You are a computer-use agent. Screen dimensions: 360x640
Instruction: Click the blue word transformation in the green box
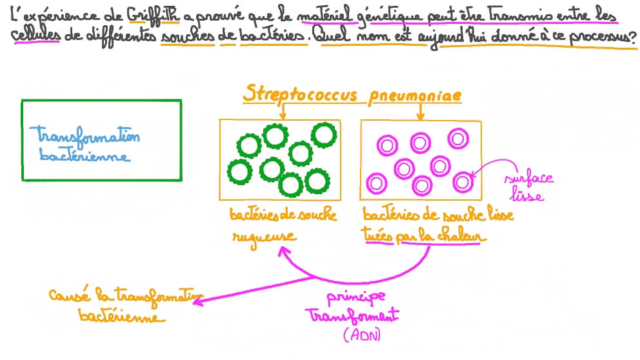point(88,136)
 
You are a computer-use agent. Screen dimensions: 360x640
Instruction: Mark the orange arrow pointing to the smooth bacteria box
point(421,111)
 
